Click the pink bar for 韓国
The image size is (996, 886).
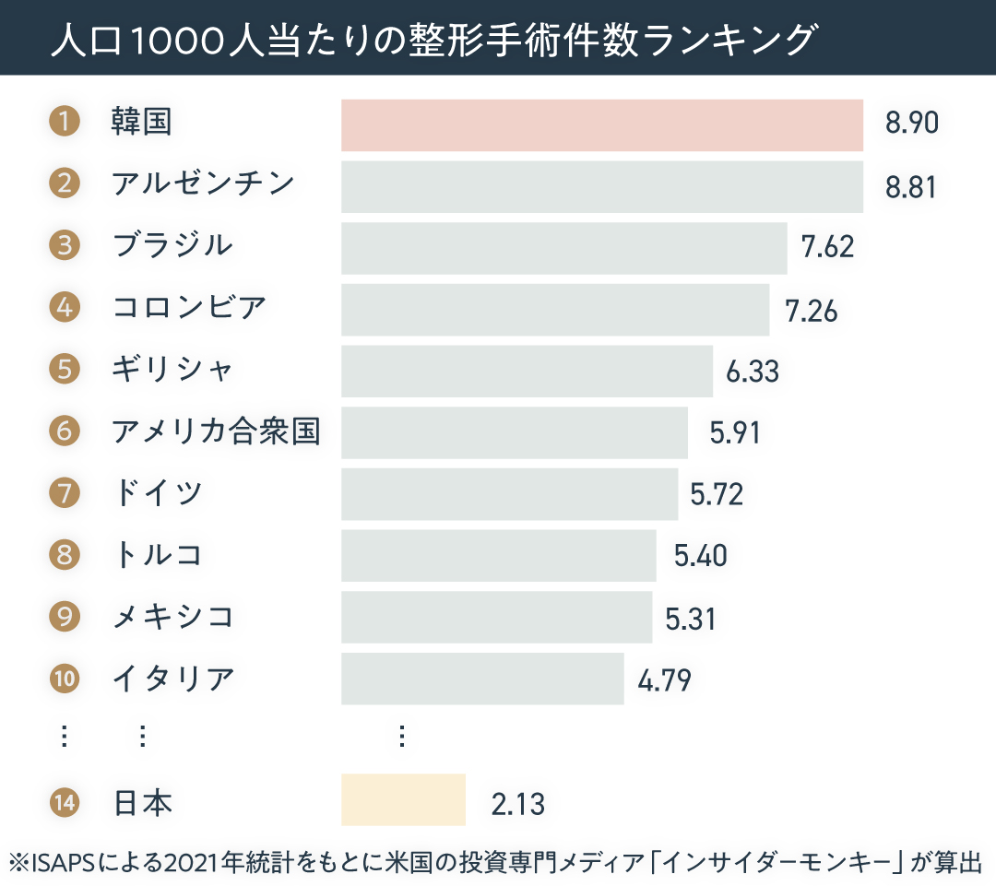pyautogui.click(x=602, y=125)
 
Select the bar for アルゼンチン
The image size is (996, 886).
pyautogui.click(x=602, y=187)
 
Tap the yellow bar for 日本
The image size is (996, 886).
pyautogui.click(x=403, y=799)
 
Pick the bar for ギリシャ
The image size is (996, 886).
pyautogui.click(x=527, y=371)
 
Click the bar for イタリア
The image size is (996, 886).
pyautogui.click(x=482, y=679)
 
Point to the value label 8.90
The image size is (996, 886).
pyautogui.click(x=911, y=124)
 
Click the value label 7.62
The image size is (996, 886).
pyautogui.click(x=828, y=248)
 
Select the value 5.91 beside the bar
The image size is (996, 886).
pyautogui.click(x=735, y=432)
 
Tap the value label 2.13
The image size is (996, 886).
pyautogui.click(x=518, y=804)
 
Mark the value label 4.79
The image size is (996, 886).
pyautogui.click(x=664, y=680)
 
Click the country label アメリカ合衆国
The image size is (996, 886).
pyautogui.click(x=216, y=431)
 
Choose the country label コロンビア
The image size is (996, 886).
pyautogui.click(x=189, y=307)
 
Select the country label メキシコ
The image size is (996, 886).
pyautogui.click(x=172, y=616)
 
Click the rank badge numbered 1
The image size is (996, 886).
pyautogui.click(x=64, y=122)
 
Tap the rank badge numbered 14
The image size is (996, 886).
pyautogui.click(x=65, y=802)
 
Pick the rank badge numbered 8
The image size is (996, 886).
pyautogui.click(x=65, y=554)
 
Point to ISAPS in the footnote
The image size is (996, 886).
pyautogui.click(x=64, y=863)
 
